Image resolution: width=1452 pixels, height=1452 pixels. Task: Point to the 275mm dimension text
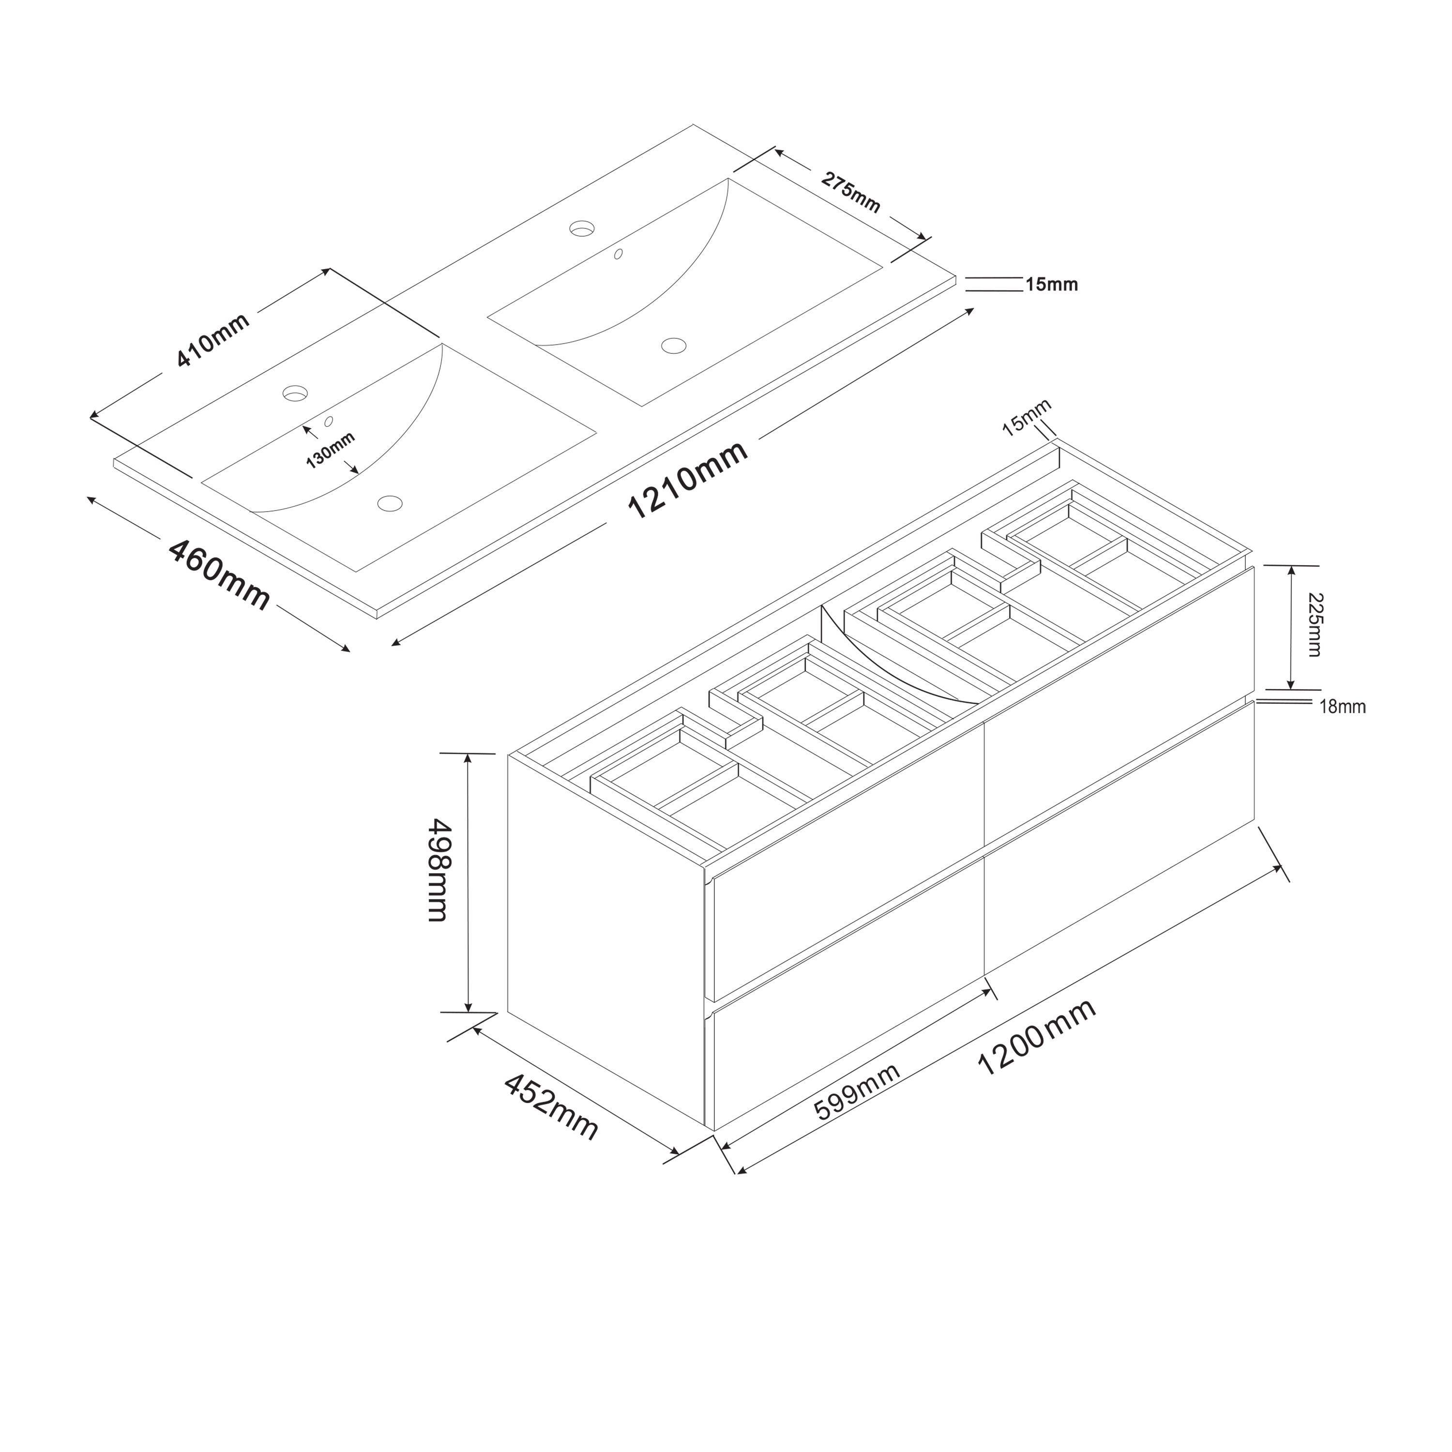pos(851,193)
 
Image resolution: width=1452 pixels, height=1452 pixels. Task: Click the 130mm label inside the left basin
pos(331,450)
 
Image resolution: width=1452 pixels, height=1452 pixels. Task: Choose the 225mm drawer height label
pos(1315,625)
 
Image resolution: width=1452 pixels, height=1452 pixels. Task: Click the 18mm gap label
pos(1343,707)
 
